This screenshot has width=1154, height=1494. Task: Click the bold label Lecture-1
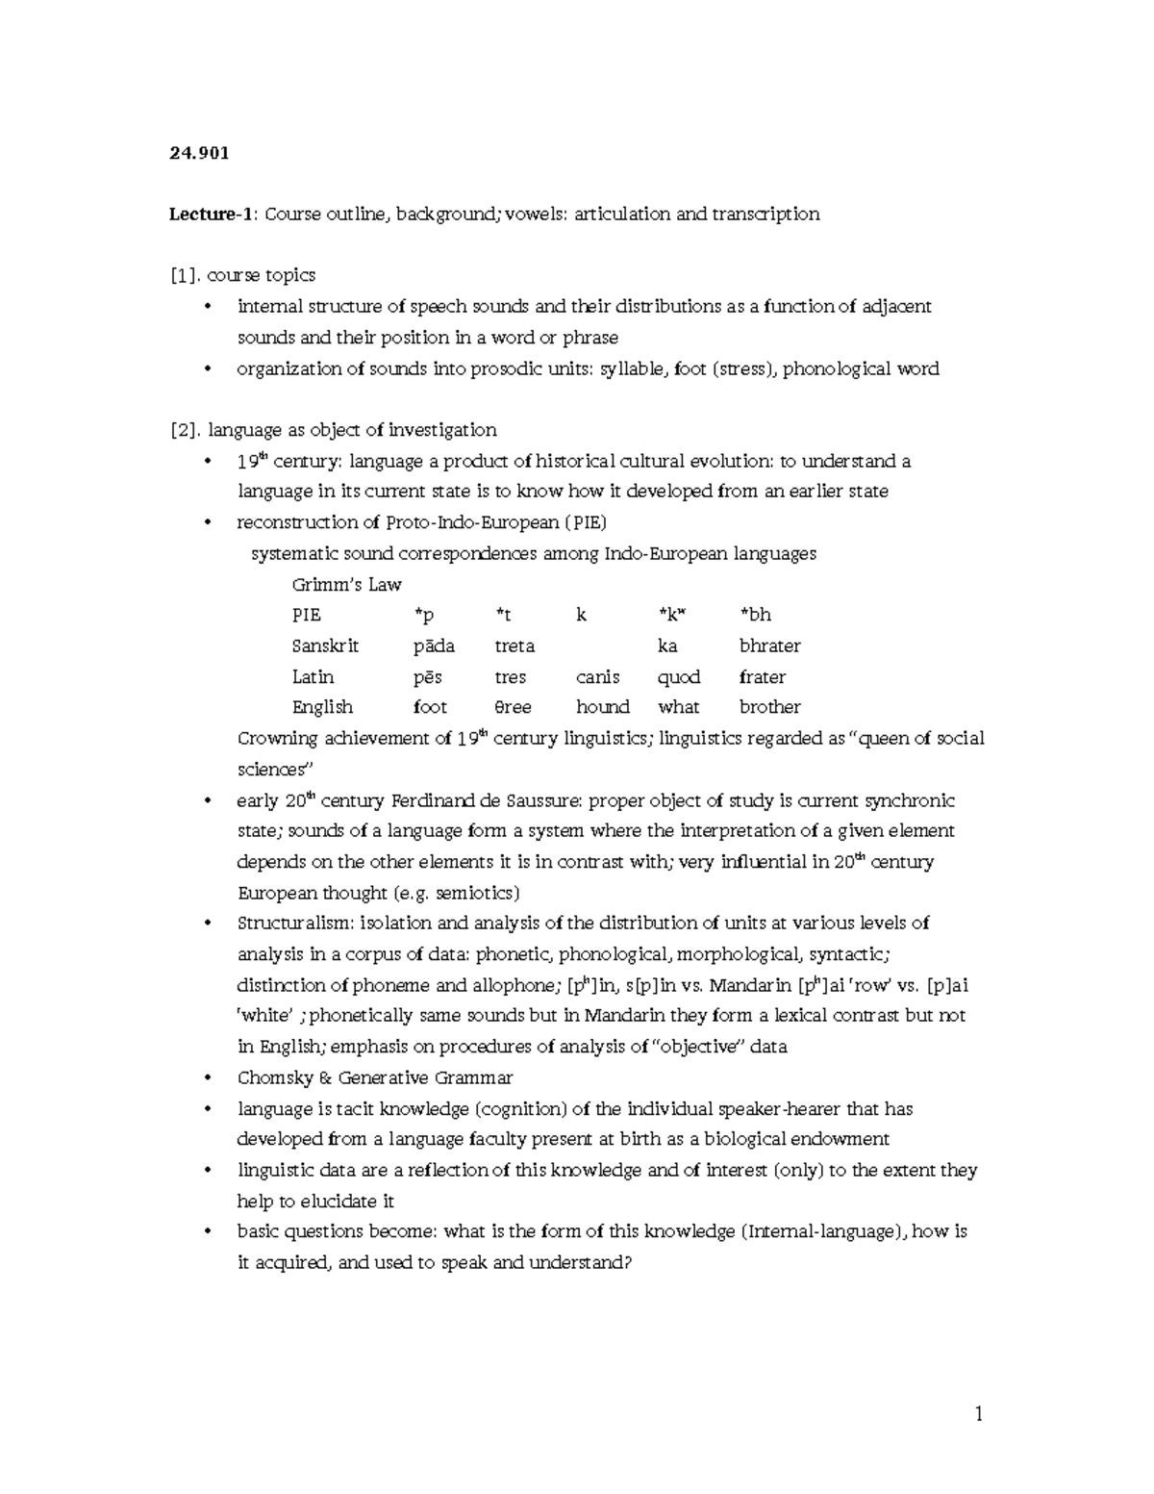click(210, 214)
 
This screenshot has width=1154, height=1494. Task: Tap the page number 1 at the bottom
click(979, 1413)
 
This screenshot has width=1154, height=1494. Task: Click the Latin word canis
click(597, 676)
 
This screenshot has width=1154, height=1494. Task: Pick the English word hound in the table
click(602, 707)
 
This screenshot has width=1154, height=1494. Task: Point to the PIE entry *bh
click(755, 615)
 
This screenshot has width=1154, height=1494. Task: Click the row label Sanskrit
click(325, 646)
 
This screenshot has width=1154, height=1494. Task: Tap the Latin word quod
click(678, 676)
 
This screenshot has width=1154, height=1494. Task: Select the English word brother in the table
click(769, 707)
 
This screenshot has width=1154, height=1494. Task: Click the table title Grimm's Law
click(346, 585)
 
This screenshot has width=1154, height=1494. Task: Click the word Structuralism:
click(294, 924)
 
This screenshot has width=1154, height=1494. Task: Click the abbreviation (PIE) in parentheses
click(585, 522)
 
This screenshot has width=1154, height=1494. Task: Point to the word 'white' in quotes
click(263, 1016)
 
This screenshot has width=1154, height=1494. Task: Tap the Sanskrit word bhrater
click(769, 646)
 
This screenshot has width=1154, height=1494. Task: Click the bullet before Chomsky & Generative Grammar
click(207, 1078)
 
